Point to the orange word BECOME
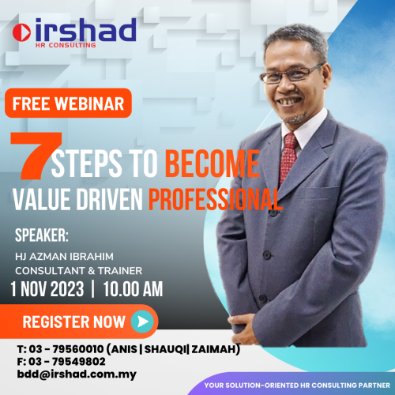pyautogui.click(x=212, y=164)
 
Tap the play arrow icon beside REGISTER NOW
pyautogui.click(x=141, y=322)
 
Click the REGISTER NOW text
pyautogui.click(x=73, y=322)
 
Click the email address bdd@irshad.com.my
pyautogui.click(x=66, y=374)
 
